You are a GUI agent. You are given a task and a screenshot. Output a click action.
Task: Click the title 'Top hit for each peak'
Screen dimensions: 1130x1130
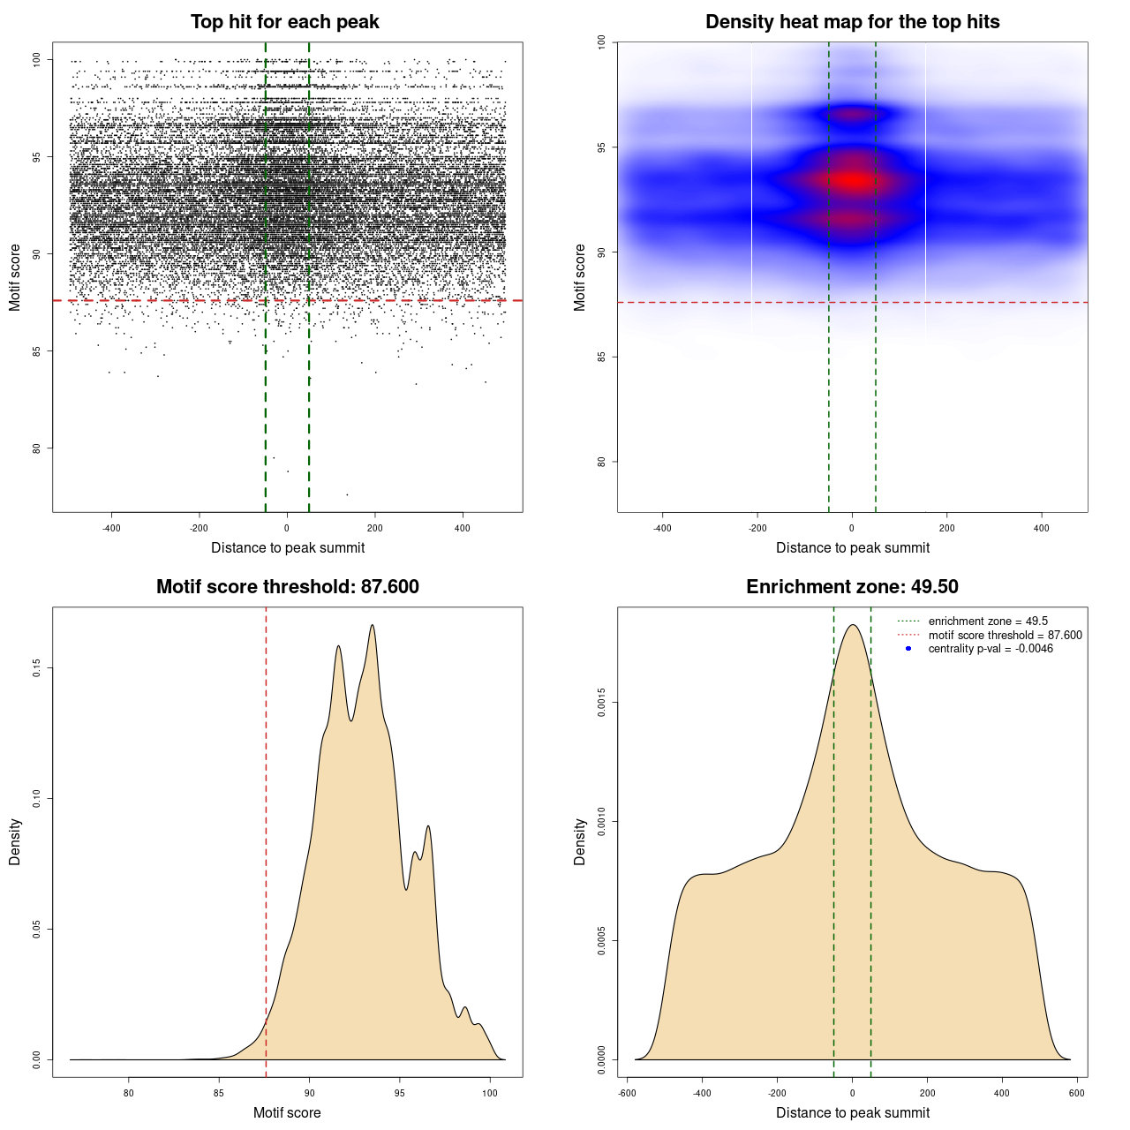285,22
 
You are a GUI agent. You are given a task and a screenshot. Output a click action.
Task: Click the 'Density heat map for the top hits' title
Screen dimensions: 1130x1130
853,22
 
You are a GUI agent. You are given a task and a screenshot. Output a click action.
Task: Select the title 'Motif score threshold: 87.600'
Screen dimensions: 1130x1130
288,587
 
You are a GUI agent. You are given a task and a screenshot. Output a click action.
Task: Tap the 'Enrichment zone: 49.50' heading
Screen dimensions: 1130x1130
853,587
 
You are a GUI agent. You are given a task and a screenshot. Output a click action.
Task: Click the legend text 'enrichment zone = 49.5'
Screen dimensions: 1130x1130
988,621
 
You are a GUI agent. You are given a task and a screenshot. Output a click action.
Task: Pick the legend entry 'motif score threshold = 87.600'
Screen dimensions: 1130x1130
1005,636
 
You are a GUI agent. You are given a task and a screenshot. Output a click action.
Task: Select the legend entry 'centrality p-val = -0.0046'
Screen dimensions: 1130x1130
991,649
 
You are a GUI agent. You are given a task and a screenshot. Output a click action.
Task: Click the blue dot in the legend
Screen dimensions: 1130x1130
908,649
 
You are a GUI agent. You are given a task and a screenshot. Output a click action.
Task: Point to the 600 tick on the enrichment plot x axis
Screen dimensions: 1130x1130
1077,1093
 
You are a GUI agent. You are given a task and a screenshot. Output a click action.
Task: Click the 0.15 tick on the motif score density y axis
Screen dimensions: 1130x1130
37,668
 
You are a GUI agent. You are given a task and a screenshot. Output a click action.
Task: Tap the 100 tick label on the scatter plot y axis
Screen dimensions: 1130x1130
37,60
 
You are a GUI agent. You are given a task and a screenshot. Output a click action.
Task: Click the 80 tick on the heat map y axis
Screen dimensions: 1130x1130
602,462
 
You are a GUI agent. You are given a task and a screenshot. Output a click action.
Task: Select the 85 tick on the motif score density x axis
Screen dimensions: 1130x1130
219,1093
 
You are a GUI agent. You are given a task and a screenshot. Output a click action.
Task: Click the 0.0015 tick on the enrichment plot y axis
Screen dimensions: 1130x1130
602,703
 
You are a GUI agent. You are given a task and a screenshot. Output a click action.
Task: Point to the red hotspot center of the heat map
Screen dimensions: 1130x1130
853,182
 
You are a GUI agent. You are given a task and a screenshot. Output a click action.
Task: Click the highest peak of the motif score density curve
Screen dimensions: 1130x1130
373,625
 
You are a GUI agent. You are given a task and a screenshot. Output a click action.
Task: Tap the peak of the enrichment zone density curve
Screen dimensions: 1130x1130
853,625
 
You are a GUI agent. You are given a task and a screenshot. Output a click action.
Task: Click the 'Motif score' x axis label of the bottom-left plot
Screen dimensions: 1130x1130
287,1113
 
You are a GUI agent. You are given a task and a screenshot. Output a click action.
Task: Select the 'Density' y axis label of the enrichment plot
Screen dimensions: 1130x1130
580,841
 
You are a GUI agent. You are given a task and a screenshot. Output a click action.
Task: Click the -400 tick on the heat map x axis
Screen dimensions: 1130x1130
662,528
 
